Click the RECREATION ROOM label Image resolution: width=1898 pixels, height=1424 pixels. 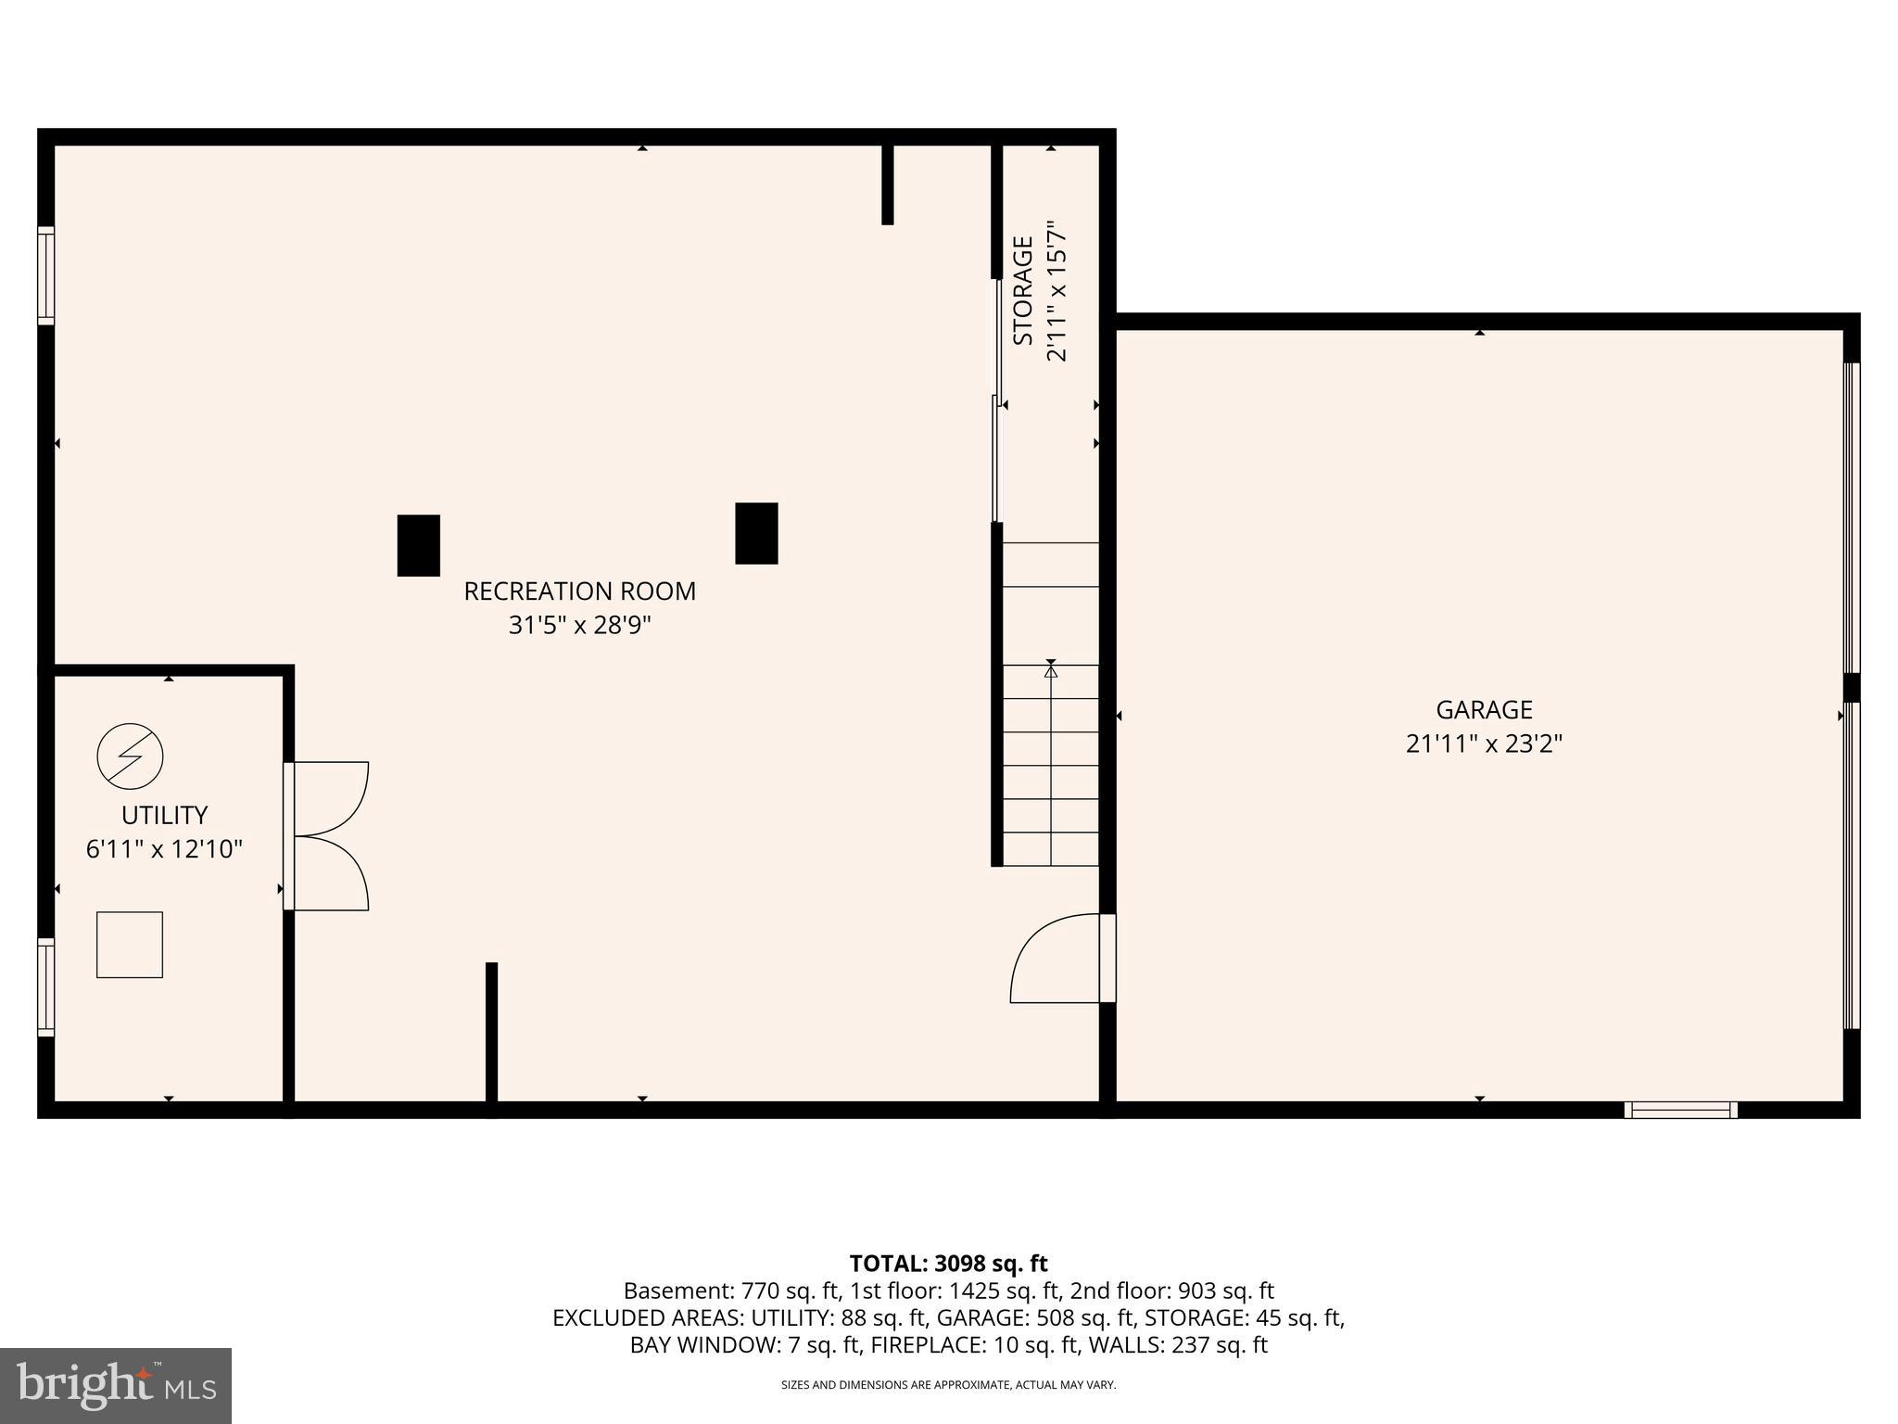point(579,591)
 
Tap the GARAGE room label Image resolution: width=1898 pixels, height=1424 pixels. point(1484,710)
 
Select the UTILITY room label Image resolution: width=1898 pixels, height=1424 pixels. point(164,815)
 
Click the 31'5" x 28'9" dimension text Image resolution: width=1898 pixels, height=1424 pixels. point(579,626)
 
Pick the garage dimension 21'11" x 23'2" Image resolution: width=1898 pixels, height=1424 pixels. point(1484,744)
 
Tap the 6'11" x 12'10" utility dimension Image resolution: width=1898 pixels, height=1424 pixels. point(164,849)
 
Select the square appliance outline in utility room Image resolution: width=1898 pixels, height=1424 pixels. point(130,945)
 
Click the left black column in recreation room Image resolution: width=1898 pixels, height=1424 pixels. point(418,545)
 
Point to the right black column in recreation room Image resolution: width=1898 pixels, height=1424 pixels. point(756,533)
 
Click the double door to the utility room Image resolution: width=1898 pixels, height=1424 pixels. point(329,836)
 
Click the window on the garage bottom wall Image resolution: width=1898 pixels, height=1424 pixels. point(1680,1110)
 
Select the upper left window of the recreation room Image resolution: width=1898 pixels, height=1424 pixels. point(45,275)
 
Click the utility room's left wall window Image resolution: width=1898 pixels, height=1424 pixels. point(45,986)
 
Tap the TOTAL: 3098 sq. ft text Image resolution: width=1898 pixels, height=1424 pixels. point(948,1264)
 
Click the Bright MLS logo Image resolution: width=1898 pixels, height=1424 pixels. point(116,1385)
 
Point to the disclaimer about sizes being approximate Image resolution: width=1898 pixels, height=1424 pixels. point(948,1385)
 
